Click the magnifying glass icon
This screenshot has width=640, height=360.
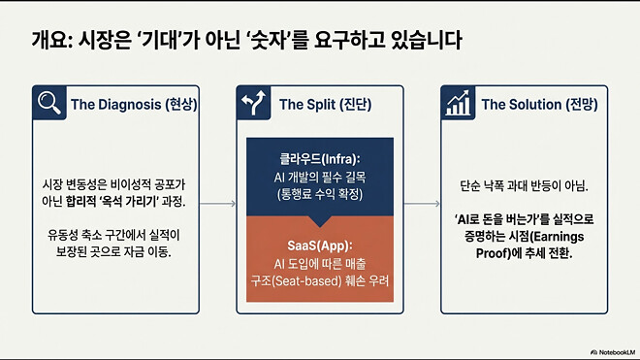pos(47,104)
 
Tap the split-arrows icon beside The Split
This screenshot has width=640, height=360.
pos(256,104)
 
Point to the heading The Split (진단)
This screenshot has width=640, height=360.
pos(328,105)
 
